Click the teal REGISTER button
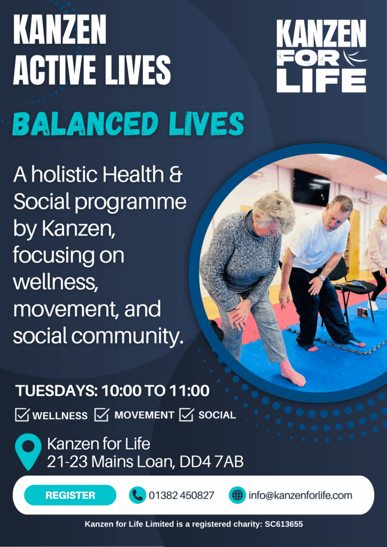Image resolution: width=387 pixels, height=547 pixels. pyautogui.click(x=70, y=495)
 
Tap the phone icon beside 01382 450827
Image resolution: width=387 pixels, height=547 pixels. pyautogui.click(x=137, y=495)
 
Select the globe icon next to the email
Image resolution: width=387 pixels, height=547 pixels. pyautogui.click(x=237, y=495)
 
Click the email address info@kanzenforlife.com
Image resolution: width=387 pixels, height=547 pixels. pyautogui.click(x=300, y=495)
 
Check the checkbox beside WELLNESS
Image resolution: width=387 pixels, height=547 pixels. pyautogui.click(x=22, y=415)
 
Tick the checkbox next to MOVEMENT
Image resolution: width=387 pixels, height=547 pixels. pyautogui.click(x=102, y=415)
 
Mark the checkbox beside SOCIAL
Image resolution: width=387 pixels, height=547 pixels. pyautogui.click(x=187, y=415)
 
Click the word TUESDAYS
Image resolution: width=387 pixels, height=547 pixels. pyautogui.click(x=56, y=390)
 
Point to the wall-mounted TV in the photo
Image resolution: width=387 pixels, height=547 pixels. pyautogui.click(x=311, y=187)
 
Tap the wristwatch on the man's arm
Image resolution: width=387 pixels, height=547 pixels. pyautogui.click(x=322, y=278)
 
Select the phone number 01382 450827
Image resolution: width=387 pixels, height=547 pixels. pyautogui.click(x=181, y=495)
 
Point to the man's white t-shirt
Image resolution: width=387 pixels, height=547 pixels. pyautogui.click(x=316, y=241)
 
